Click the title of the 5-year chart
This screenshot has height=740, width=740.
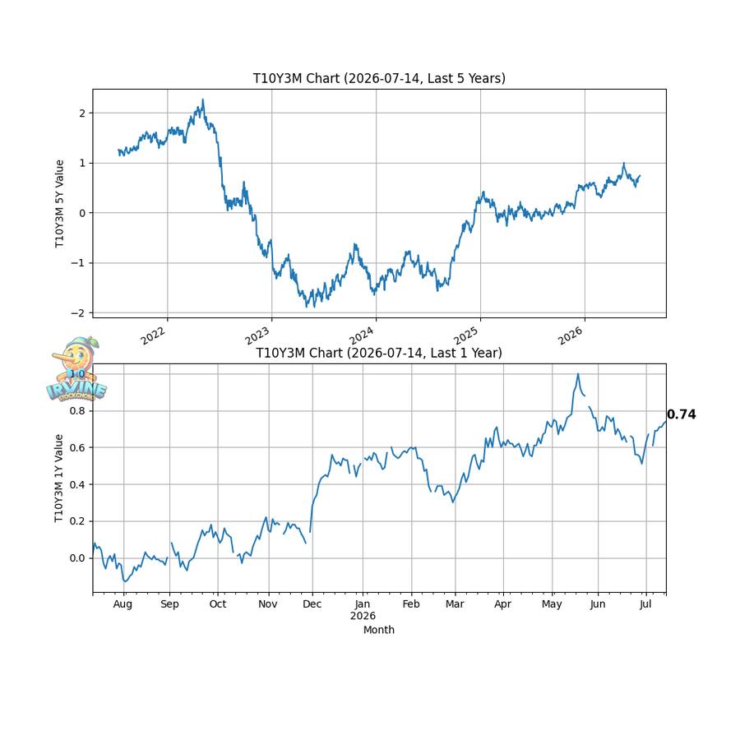[379, 78]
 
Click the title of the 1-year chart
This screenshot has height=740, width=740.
[379, 353]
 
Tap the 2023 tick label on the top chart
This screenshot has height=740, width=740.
[257, 335]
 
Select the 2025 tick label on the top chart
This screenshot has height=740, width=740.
[466, 335]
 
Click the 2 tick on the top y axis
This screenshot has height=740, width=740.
[83, 113]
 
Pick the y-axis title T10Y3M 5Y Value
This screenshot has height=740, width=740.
[59, 203]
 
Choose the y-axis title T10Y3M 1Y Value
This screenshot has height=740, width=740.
[59, 478]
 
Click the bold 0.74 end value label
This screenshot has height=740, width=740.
[682, 414]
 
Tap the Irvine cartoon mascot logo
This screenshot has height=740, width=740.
[77, 369]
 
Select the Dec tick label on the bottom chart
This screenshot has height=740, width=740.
[312, 604]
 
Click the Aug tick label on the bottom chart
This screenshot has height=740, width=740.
[123, 604]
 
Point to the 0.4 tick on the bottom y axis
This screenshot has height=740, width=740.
[77, 484]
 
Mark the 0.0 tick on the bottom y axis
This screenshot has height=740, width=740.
[77, 558]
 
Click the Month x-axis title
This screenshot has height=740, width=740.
[379, 630]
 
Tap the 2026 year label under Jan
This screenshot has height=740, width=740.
[363, 616]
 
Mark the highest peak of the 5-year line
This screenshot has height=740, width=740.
[203, 99]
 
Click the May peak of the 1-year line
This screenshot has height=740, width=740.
[578, 374]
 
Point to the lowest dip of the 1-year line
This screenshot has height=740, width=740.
[125, 581]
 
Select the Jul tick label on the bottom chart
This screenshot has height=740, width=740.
[645, 604]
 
